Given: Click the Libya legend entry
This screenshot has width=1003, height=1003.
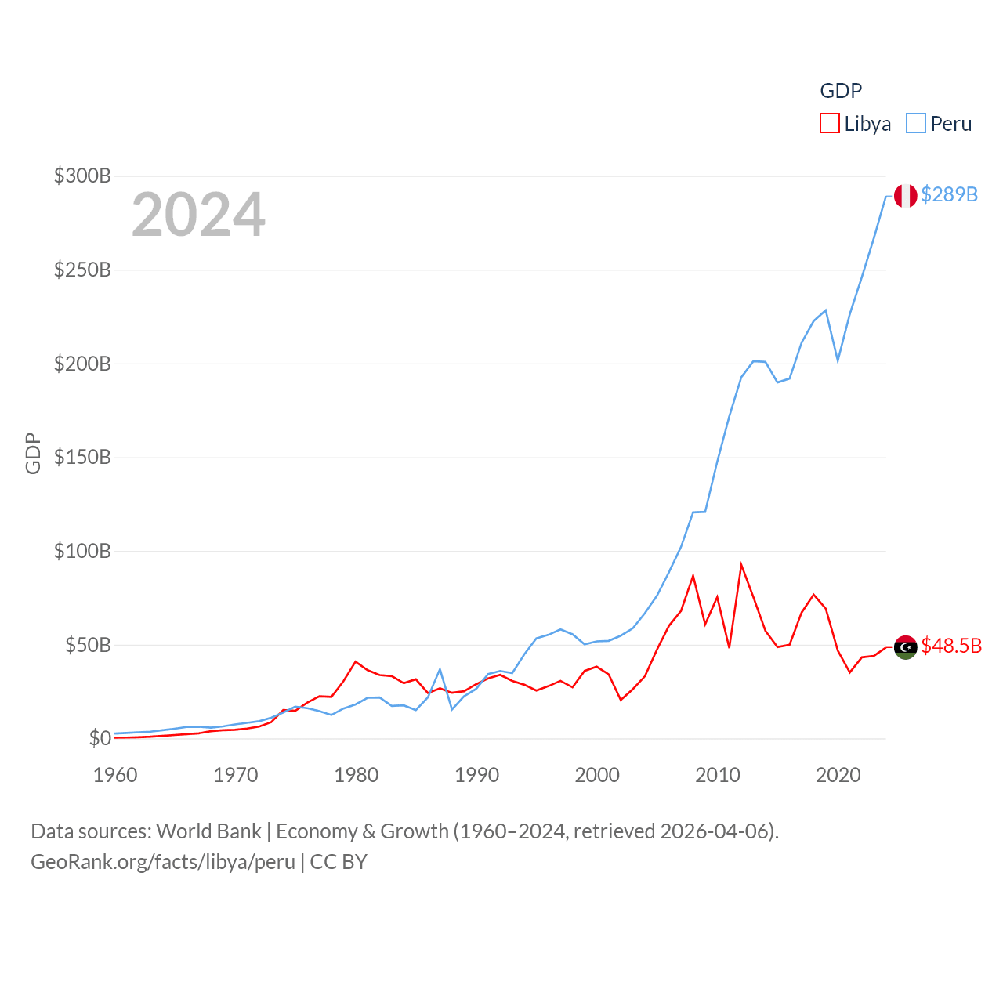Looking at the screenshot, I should coord(856,124).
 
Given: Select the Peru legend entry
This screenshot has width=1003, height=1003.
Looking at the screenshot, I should coord(940,124).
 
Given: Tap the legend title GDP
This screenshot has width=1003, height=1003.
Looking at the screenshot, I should coord(841,91).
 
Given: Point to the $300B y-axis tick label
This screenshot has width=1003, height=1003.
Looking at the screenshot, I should coord(82,176).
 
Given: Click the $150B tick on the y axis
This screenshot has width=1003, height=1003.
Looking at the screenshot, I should coord(82,457).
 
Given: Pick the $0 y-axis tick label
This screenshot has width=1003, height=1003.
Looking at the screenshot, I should coord(100,738).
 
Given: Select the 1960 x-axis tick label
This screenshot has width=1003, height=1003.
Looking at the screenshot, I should coord(115,775).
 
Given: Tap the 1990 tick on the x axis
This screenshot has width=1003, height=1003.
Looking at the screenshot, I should coord(476,775).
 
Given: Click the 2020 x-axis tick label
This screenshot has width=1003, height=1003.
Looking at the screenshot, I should coord(838,775).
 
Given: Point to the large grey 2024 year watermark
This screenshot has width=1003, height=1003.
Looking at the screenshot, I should coord(198,215).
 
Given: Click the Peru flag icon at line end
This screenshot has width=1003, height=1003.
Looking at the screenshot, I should coord(906,196).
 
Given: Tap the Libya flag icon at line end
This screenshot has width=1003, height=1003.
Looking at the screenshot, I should coord(906,647).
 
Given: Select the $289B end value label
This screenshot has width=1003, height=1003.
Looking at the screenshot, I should coord(949,194).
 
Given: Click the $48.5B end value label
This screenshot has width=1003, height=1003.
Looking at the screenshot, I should coord(951,646).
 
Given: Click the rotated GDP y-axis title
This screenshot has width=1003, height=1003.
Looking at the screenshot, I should coord(33,453).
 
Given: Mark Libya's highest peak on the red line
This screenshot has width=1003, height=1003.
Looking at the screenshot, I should coord(741,565).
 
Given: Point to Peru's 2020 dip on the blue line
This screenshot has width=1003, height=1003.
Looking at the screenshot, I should coord(838,360).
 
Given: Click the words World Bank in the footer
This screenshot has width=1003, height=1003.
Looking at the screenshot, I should coord(208,831).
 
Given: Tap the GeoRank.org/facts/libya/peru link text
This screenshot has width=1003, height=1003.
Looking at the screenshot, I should coord(163,862).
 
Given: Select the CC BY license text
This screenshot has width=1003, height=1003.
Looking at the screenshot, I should coord(339,862).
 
